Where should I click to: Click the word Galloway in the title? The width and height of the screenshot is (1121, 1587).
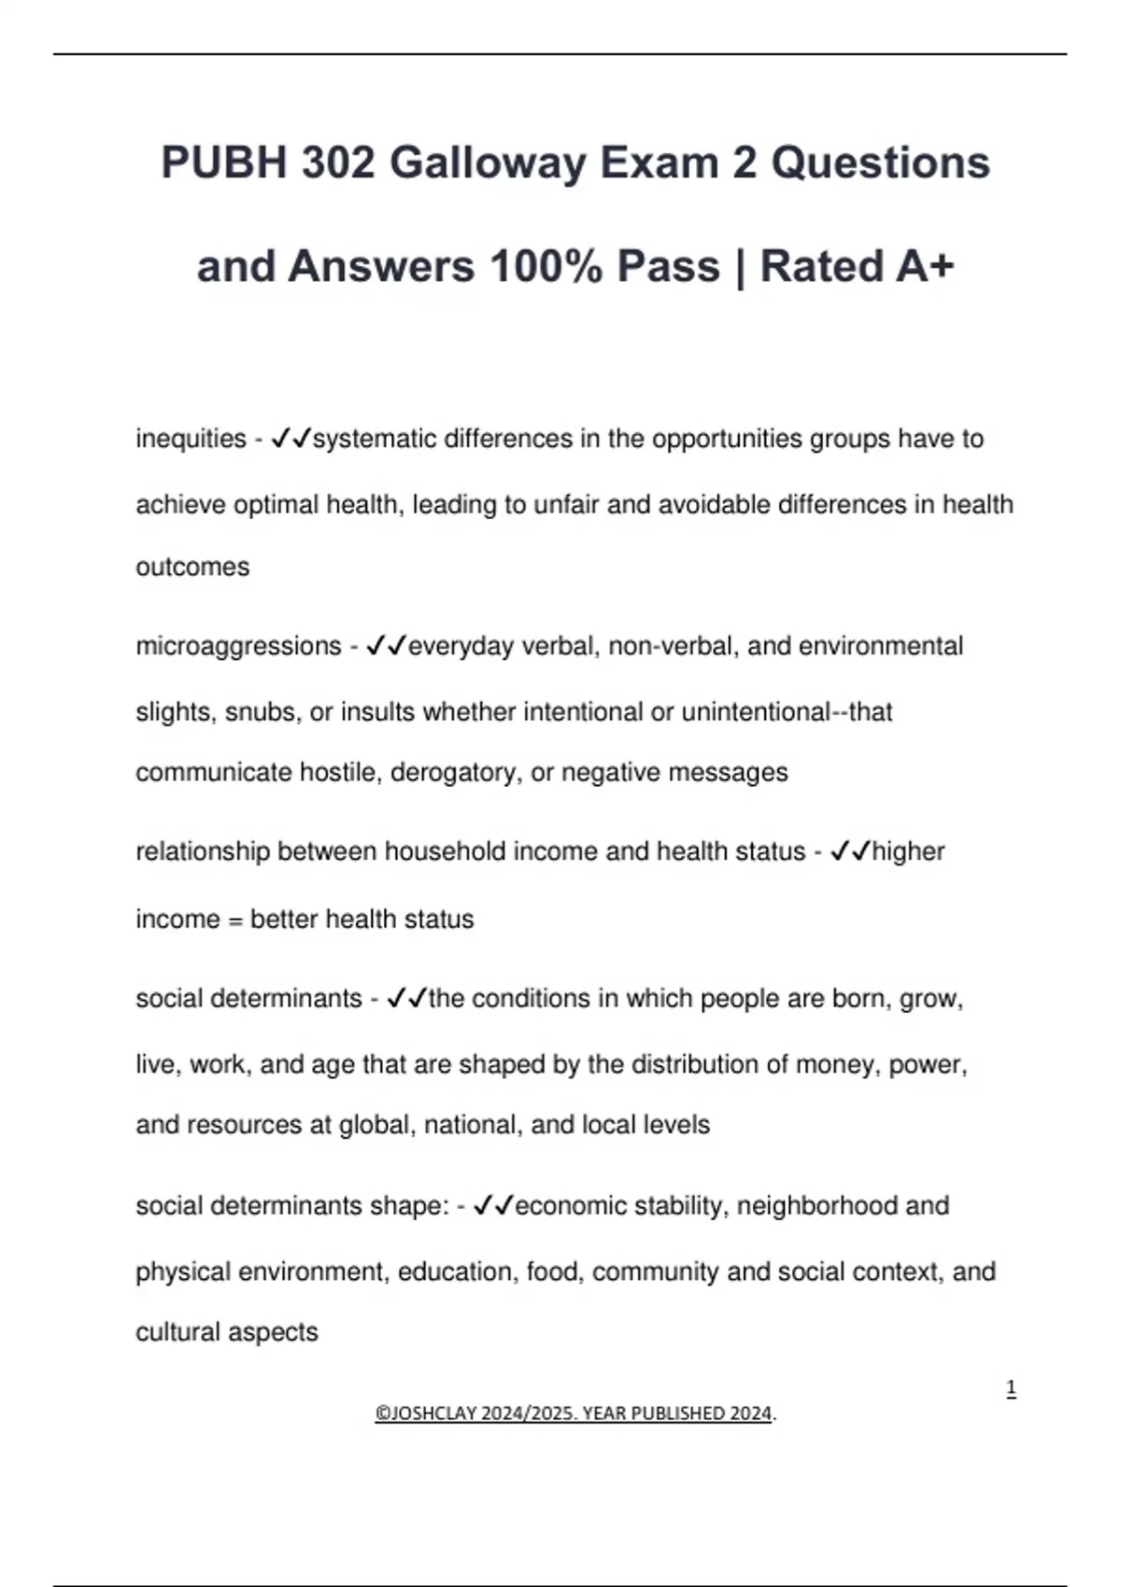click(487, 163)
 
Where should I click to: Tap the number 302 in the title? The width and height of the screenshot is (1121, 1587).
click(337, 163)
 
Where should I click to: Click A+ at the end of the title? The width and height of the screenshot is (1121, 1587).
click(925, 266)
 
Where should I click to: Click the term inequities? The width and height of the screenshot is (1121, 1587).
click(191, 439)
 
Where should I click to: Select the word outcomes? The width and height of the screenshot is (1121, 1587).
click(192, 568)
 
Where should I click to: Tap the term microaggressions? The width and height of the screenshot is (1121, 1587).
click(238, 646)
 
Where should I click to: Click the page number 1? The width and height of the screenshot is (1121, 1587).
click(1011, 1389)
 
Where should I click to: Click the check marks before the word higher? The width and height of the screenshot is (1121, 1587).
click(849, 851)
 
